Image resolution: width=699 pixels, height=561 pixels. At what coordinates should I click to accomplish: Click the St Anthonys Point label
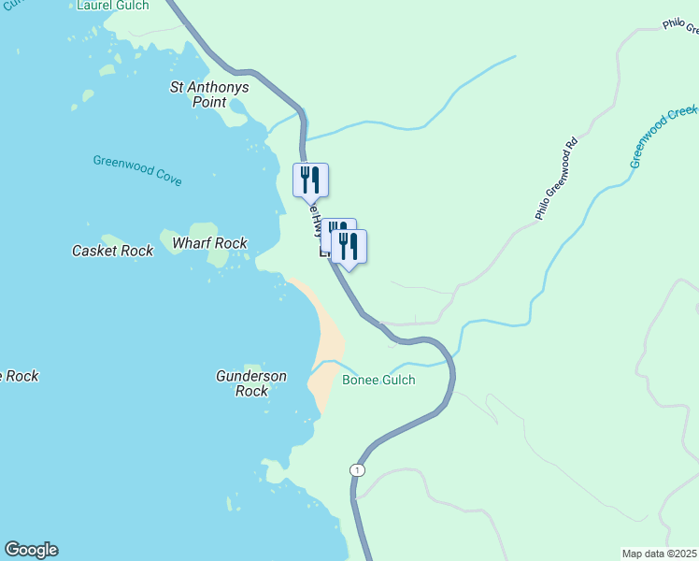[x=209, y=94]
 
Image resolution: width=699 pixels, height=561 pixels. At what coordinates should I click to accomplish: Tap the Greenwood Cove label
[x=137, y=170]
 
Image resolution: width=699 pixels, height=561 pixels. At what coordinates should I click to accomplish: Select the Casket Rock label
[x=112, y=251]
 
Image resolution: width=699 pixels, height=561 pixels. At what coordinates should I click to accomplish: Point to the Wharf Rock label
[x=209, y=243]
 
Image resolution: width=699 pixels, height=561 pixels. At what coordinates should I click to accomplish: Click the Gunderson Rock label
[x=251, y=383]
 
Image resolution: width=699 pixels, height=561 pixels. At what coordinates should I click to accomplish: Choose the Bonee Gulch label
[x=378, y=380]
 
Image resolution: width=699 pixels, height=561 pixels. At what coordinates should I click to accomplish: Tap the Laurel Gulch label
[x=112, y=6]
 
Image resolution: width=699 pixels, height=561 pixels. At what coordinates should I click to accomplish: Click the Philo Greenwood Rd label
[x=557, y=180]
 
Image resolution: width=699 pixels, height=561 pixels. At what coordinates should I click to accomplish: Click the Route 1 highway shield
[x=357, y=468]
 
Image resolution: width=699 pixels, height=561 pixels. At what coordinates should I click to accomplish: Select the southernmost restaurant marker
[x=349, y=247]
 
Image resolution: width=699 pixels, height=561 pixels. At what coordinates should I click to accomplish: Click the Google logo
[x=31, y=550]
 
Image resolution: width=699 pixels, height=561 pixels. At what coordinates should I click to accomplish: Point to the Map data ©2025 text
[x=660, y=553]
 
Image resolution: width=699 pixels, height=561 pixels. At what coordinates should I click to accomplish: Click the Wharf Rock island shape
[x=203, y=231]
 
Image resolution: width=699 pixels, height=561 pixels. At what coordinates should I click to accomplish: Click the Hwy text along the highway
[x=319, y=223]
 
